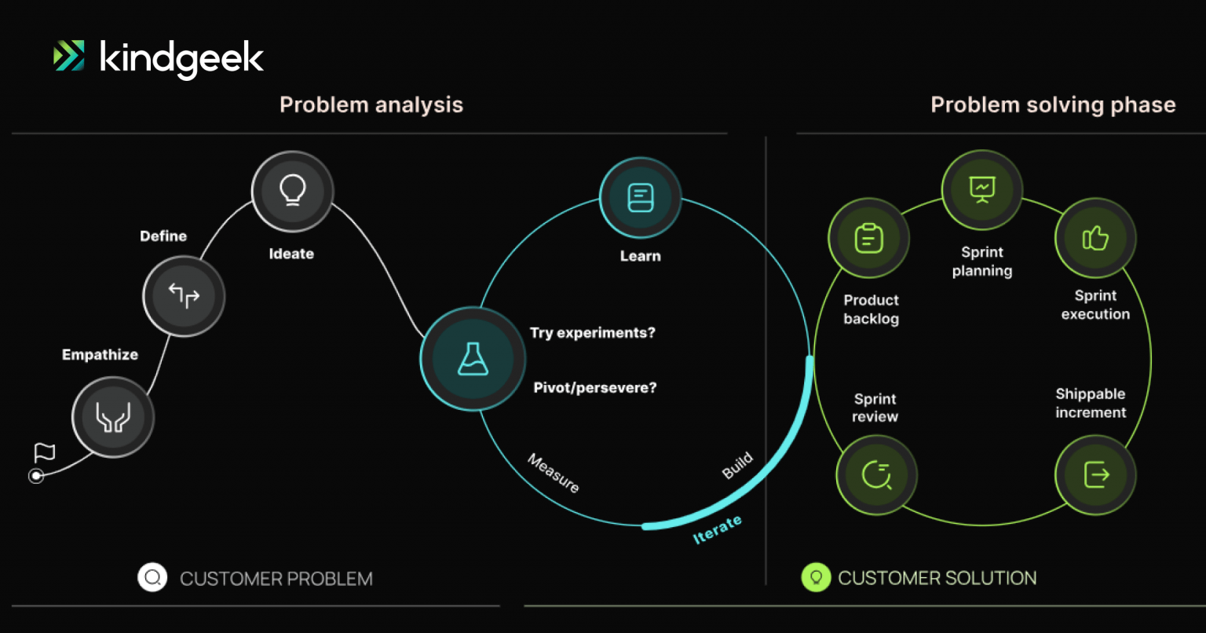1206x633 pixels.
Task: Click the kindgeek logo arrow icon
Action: (69, 56)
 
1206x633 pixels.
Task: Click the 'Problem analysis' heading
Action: (371, 104)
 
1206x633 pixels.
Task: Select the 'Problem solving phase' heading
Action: (1053, 104)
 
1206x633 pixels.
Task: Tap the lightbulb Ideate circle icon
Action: (293, 191)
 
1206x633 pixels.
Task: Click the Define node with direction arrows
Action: (184, 296)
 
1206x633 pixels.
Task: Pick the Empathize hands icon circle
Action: (113, 417)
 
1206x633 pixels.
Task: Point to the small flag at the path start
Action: (45, 453)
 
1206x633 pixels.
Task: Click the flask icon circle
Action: (473, 359)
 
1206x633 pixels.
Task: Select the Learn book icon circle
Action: (641, 198)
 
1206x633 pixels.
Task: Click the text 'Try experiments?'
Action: (592, 333)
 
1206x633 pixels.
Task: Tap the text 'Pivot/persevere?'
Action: (594, 387)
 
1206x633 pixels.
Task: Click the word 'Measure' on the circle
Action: (554, 474)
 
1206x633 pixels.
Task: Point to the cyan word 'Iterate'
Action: (717, 530)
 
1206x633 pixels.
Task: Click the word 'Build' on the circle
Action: (737, 466)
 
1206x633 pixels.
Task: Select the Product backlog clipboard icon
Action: (868, 238)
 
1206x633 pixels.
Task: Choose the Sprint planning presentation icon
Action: (982, 189)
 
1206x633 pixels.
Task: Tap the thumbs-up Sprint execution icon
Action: (1095, 238)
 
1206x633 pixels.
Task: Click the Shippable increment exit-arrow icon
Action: (1095, 474)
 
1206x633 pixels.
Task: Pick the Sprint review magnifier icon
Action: (876, 474)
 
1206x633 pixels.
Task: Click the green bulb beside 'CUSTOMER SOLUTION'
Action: (816, 578)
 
